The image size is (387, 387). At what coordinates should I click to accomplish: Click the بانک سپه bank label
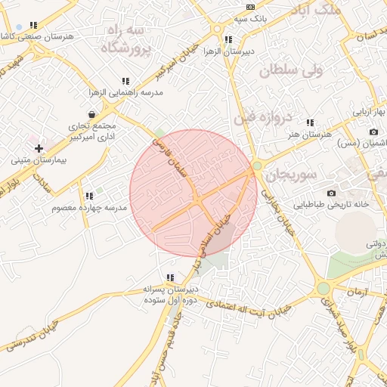(250, 17)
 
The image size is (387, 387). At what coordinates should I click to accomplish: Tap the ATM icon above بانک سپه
(250, 7)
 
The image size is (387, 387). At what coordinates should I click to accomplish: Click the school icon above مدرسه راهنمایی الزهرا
(125, 81)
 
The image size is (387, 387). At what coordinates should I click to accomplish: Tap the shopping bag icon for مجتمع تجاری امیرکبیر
(91, 114)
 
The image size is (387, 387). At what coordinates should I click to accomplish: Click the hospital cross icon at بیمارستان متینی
(39, 148)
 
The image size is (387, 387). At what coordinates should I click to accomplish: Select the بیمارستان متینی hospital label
(39, 160)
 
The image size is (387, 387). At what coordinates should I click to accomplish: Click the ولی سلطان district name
(291, 72)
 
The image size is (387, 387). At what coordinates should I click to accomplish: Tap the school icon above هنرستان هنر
(309, 122)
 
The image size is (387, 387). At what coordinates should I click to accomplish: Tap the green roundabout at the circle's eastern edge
(257, 166)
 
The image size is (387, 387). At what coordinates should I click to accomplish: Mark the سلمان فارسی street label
(170, 155)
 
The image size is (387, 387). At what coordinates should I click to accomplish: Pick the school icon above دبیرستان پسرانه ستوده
(170, 277)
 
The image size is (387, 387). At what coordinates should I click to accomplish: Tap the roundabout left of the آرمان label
(324, 287)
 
